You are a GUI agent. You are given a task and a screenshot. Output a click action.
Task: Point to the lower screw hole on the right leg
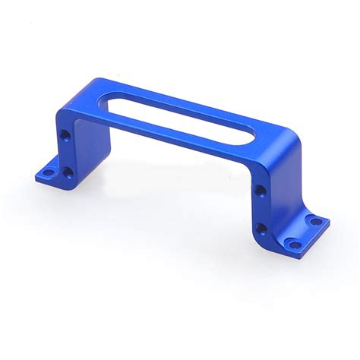pos(261,227)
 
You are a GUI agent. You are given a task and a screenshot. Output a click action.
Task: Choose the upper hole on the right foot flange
pos(313,221)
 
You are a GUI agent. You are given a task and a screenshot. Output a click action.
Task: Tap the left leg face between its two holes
pos(67,155)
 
